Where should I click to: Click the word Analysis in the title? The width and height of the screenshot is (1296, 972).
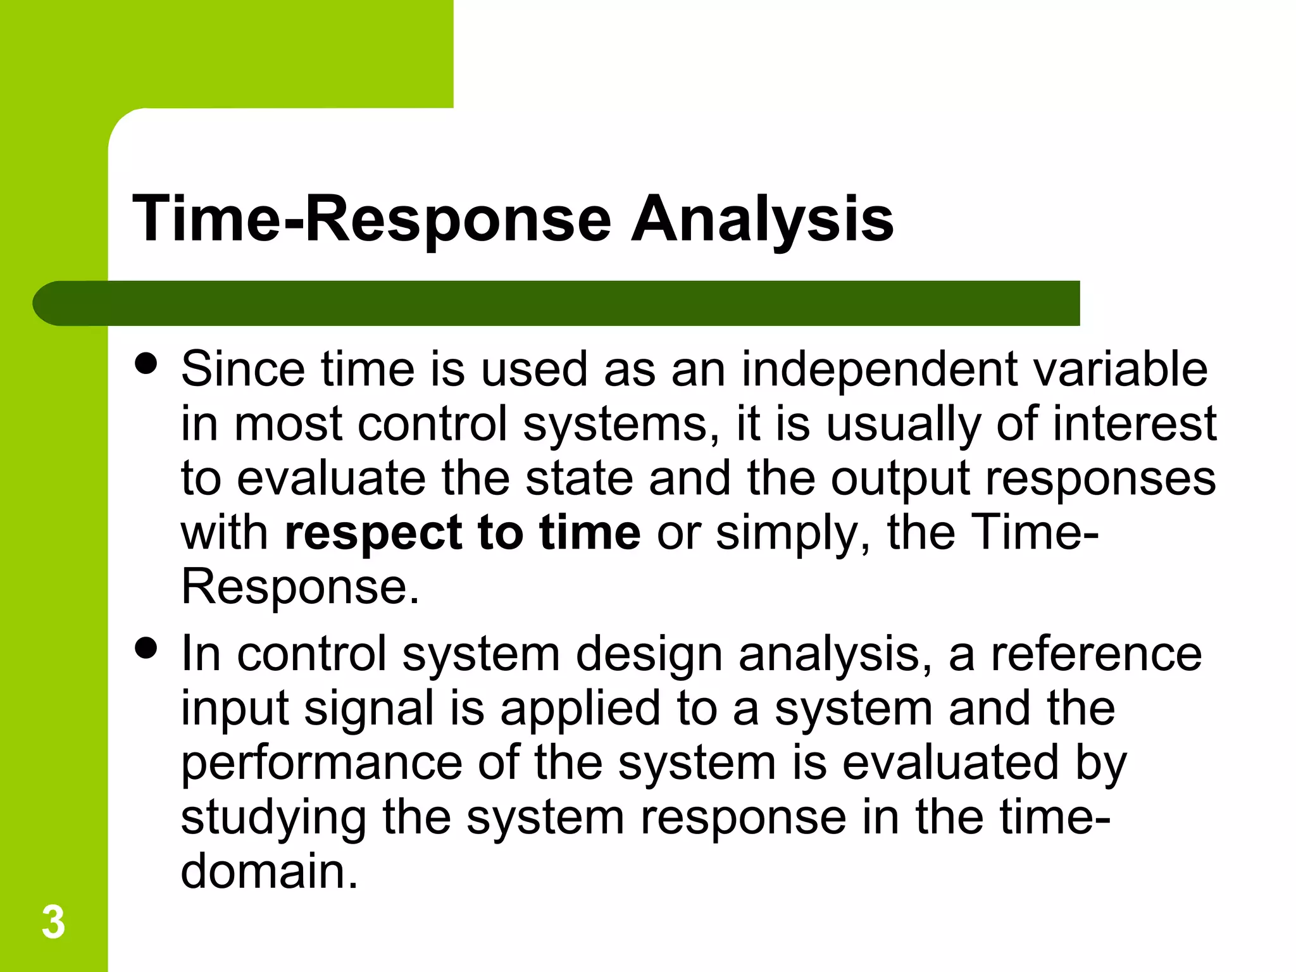tap(762, 220)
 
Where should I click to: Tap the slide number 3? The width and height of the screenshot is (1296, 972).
tap(53, 923)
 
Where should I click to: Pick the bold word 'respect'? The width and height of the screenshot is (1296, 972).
tap(373, 533)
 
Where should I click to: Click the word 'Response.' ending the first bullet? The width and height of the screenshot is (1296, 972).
tap(300, 587)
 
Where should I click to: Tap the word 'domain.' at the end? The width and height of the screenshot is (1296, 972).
tap(270, 871)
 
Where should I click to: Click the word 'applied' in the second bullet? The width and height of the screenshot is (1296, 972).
tap(580, 708)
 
